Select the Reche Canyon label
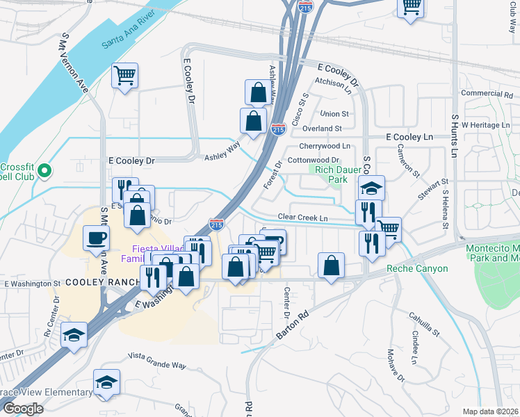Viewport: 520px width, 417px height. click(x=416, y=268)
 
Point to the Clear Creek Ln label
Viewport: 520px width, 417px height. click(x=302, y=218)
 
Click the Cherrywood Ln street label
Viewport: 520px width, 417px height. click(x=325, y=146)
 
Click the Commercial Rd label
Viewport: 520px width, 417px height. click(x=486, y=93)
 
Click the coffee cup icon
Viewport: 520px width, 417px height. click(x=96, y=238)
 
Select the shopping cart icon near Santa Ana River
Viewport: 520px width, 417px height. click(x=124, y=75)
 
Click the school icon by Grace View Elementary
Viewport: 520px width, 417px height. click(x=107, y=382)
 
